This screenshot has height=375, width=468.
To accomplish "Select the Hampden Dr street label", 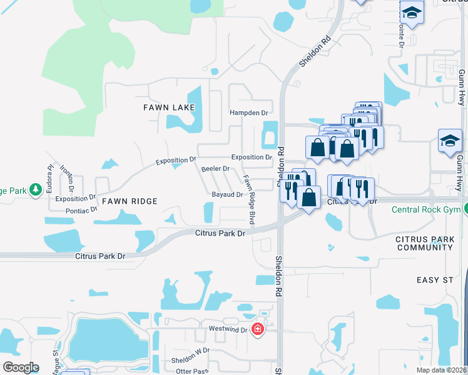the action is coord(248,113).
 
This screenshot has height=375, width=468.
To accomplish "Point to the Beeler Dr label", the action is coord(215,169).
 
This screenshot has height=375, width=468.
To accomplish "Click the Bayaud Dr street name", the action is coord(227,195).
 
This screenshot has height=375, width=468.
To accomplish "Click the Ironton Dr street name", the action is coord(67,178).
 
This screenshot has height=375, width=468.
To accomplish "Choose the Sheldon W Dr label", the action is coord(190,361).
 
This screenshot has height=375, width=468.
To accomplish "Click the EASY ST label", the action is coord(434,280).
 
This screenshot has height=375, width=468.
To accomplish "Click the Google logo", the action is coord(21,367).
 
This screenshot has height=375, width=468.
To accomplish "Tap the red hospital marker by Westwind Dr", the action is coord(257,328).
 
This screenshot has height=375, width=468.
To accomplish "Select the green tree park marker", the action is coord(36,189).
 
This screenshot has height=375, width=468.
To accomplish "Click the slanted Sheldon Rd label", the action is coord(315,52).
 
